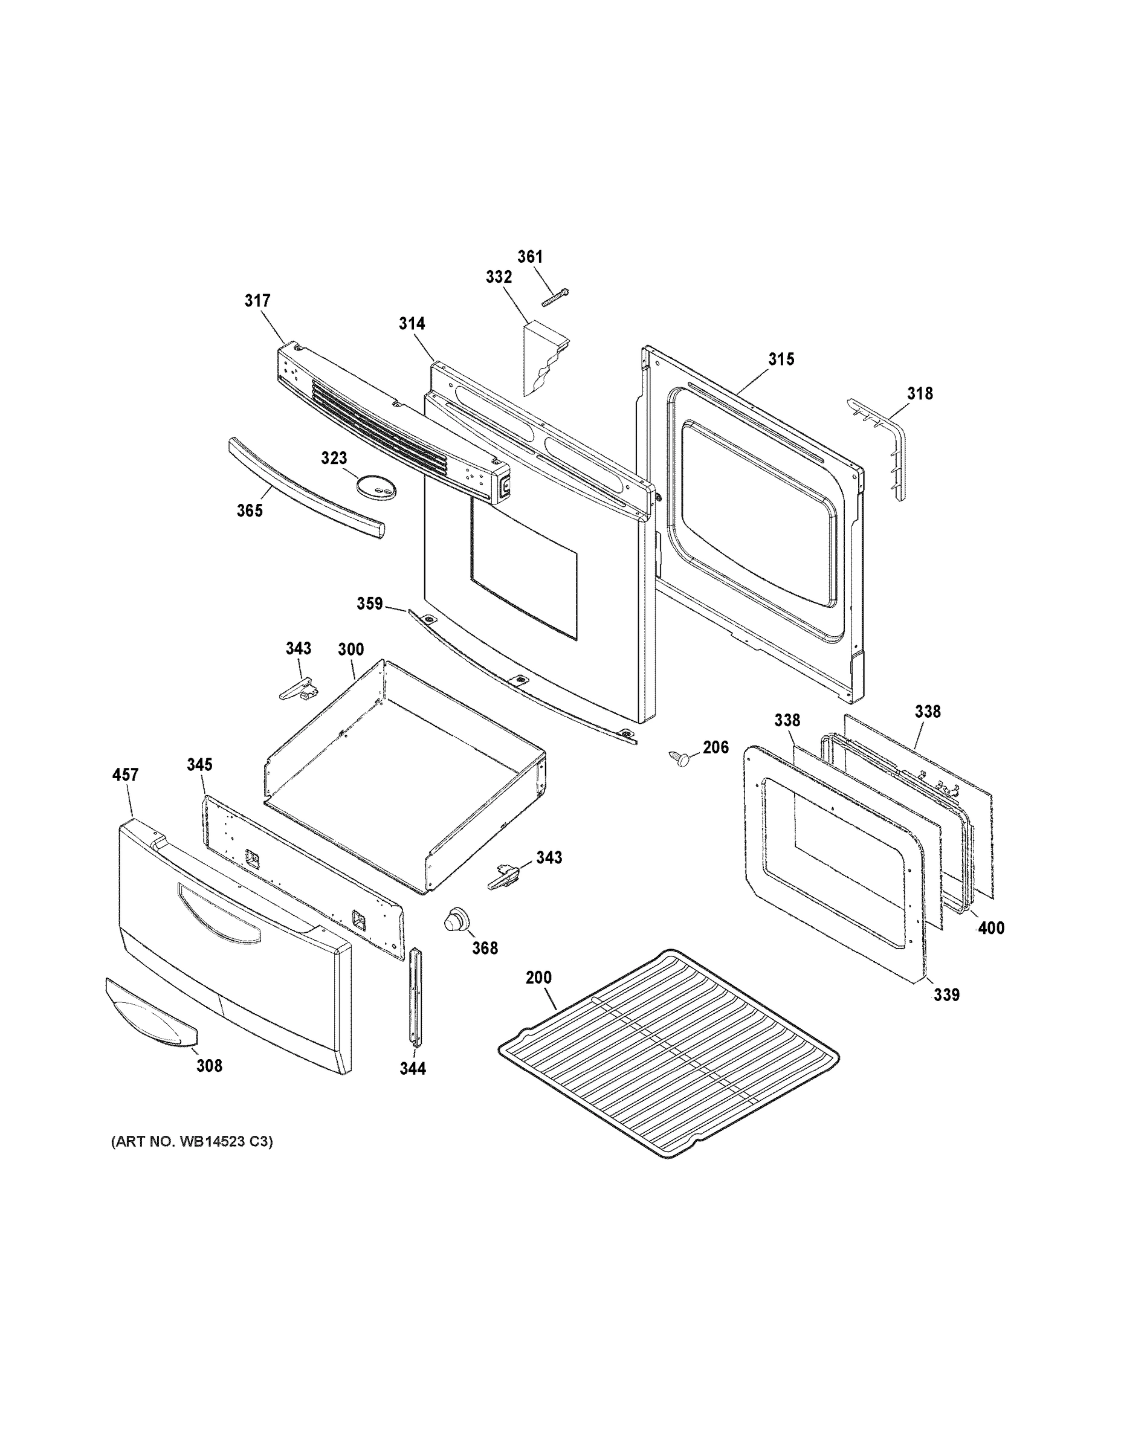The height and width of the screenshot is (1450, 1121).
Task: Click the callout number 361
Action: coord(530,257)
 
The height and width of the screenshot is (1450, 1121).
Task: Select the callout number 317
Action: coord(257,301)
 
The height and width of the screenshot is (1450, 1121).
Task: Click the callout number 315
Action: coord(781,359)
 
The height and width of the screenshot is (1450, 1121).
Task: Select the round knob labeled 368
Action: coord(456,921)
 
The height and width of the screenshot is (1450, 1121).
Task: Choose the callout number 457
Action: coord(126,775)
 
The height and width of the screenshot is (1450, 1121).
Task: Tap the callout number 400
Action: coord(992,928)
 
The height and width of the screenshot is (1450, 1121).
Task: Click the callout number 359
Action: coord(370,604)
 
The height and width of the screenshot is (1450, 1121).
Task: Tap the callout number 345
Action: coord(199,765)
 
